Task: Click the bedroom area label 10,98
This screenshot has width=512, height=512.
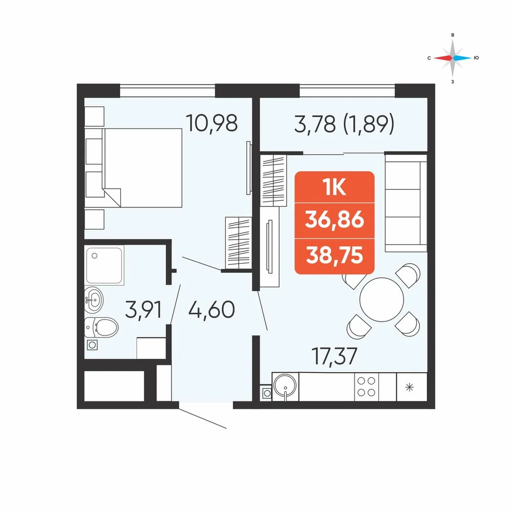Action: (211, 123)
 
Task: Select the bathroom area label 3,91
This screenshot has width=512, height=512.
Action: (143, 309)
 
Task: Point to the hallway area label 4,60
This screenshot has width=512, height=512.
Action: (211, 309)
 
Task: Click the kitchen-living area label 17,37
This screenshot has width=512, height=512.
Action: (334, 356)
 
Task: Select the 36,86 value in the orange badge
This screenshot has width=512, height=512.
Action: (334, 220)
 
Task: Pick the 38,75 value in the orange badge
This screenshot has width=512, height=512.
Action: (334, 255)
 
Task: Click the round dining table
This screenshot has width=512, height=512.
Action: (381, 300)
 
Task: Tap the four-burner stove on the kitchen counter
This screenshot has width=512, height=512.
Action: (366, 387)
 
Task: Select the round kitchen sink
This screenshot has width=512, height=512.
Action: (285, 386)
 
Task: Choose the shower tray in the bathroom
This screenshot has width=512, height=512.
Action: (104, 265)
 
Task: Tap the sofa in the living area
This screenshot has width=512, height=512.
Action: (406, 203)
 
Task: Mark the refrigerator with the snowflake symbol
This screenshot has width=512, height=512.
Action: (412, 387)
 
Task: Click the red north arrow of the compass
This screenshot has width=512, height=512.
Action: (443, 58)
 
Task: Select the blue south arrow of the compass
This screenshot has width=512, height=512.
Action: (462, 58)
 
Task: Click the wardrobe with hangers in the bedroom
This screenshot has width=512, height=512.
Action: (238, 243)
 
